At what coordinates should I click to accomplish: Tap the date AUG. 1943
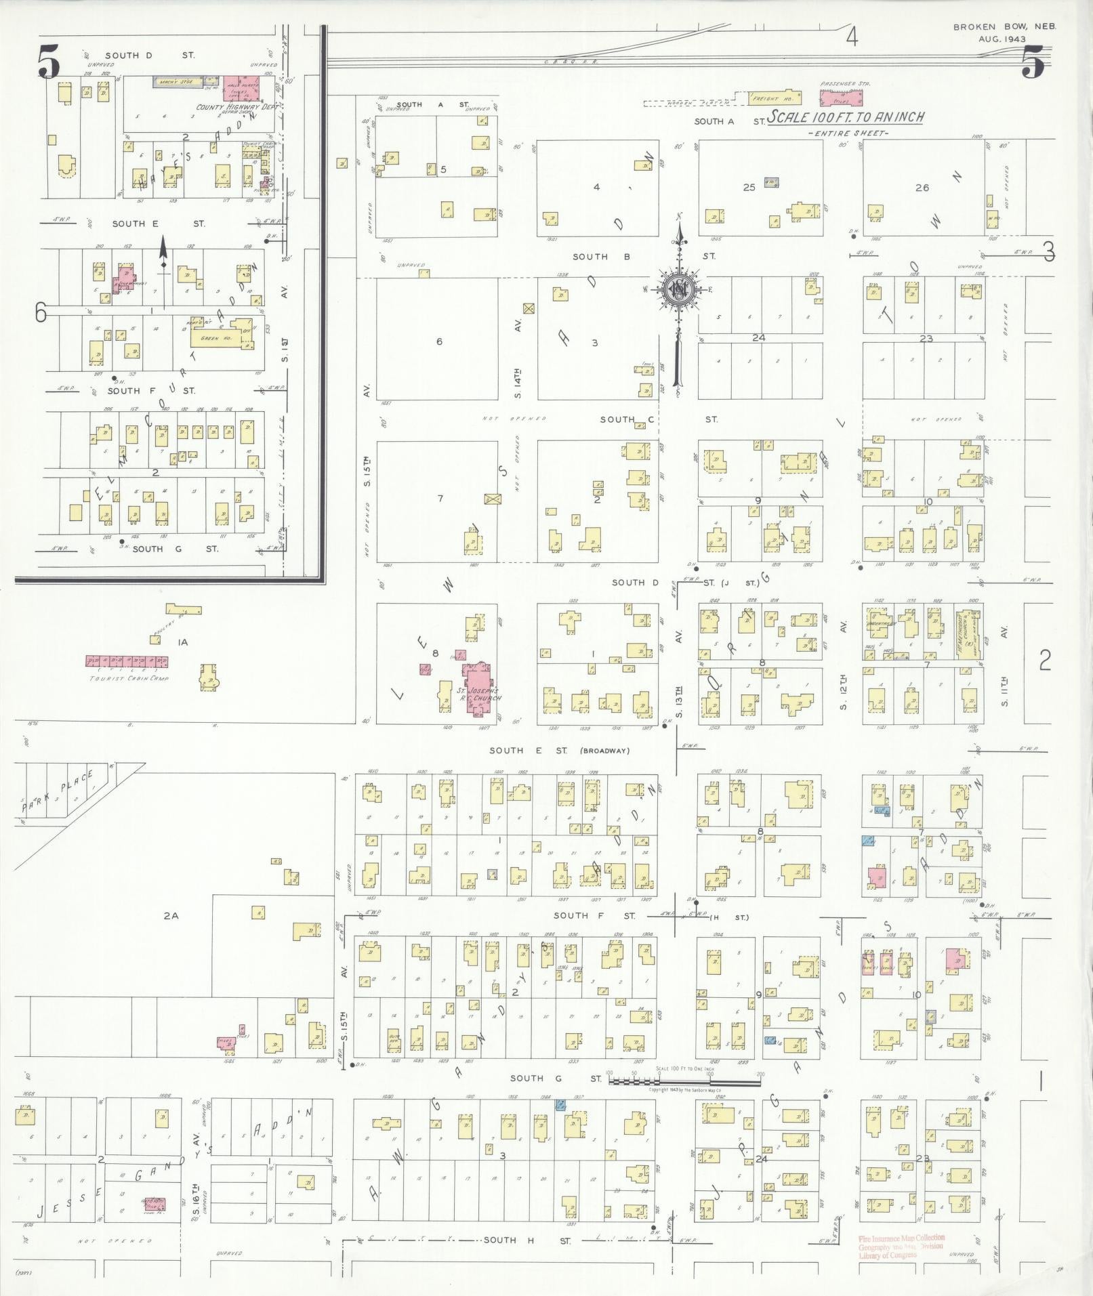tap(1002, 39)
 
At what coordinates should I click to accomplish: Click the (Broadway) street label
tap(605, 751)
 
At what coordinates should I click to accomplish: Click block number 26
tap(922, 188)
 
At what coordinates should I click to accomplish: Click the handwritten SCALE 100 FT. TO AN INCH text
tap(846, 117)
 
